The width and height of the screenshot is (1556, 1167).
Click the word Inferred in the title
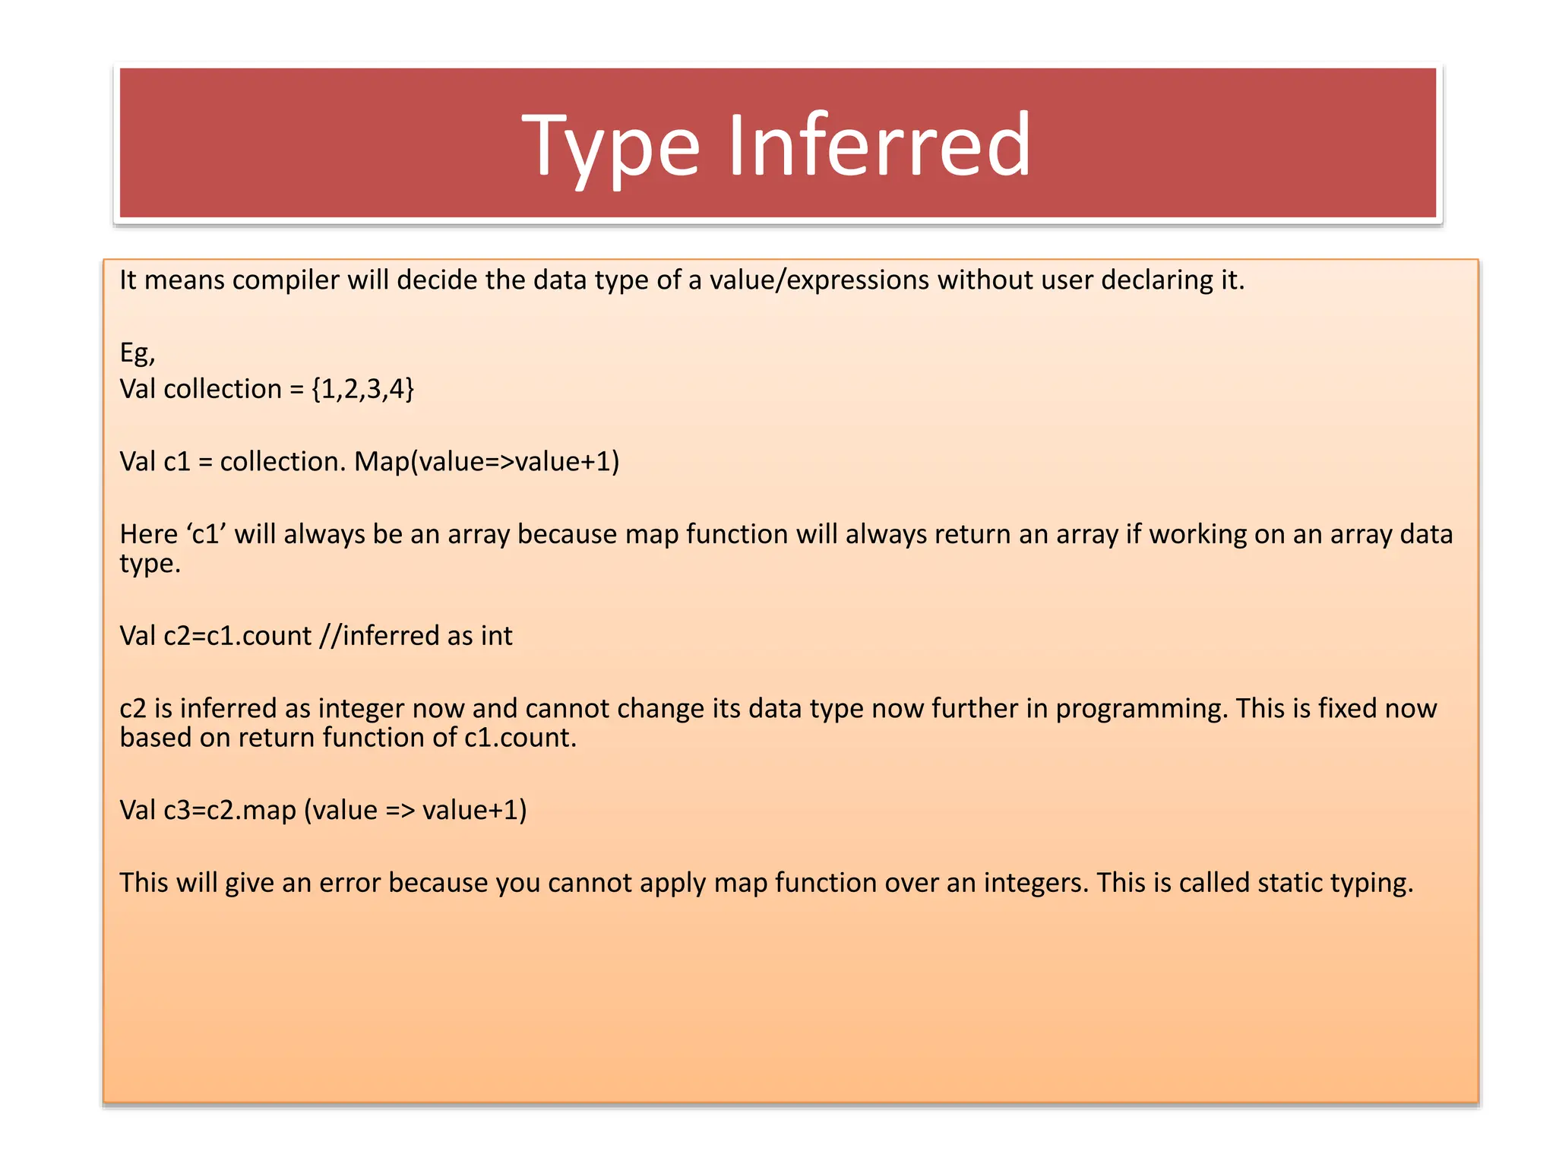click(x=879, y=144)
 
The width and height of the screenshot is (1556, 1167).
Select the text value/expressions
click(x=819, y=280)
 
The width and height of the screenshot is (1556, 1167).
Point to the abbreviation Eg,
click(x=138, y=353)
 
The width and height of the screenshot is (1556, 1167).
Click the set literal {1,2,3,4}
click(x=362, y=389)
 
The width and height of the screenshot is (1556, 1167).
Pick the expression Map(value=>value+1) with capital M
click(x=486, y=462)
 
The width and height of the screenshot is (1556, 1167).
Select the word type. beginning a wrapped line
click(x=150, y=565)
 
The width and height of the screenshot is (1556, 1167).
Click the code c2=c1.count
click(x=238, y=636)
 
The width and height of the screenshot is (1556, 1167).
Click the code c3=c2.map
click(x=230, y=811)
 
